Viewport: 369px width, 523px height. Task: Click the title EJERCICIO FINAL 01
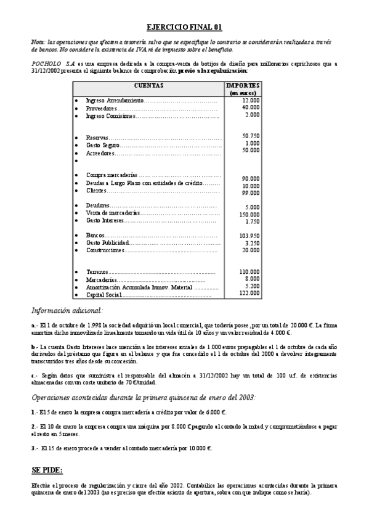point(184,27)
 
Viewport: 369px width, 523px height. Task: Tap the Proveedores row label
point(101,108)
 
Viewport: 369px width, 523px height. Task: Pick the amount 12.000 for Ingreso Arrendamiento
point(251,100)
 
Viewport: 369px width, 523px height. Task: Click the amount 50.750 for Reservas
point(251,136)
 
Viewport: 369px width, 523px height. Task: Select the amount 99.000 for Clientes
point(251,193)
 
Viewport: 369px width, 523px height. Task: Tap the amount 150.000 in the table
point(249,214)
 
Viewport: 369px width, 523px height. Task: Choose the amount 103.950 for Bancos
point(249,236)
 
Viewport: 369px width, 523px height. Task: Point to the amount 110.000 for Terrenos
point(249,271)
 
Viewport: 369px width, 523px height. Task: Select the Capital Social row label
point(104,295)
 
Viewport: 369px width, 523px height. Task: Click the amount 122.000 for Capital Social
point(249,293)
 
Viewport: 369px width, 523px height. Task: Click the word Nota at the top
point(38,41)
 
